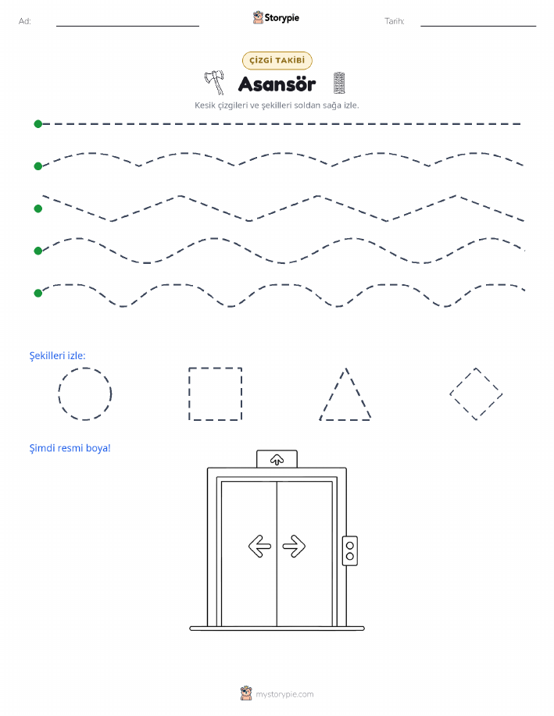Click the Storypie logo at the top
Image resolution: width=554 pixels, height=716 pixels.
276,18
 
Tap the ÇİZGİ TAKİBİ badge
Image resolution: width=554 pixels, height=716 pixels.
277,60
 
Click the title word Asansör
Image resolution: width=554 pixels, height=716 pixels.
277,84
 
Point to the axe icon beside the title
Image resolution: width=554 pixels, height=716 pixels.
214,82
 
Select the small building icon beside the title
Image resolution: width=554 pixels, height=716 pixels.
338,83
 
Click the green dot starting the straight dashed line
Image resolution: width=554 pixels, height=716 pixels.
38,123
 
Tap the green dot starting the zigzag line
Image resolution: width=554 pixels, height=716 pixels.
38,208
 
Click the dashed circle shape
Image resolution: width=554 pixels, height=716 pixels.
59,394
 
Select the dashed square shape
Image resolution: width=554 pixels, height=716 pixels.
189,394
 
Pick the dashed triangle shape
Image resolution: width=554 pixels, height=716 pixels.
333,394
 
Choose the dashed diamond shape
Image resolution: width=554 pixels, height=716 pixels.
463,381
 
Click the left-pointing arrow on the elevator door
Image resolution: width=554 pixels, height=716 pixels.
259,546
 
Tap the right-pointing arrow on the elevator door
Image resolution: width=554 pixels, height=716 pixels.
294,546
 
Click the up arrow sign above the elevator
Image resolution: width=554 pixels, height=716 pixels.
277,460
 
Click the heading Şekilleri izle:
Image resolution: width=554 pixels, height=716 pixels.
58,356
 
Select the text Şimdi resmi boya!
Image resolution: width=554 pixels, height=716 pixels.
70,448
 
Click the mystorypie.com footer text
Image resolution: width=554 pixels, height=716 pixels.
284,694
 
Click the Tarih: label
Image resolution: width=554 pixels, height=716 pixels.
395,21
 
